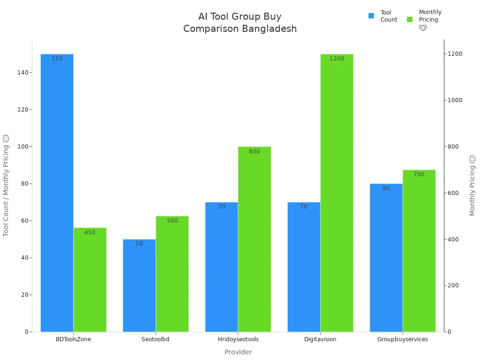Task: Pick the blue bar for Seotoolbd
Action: pos(139,285)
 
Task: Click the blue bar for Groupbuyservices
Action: pos(386,258)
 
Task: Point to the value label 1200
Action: pos(337,59)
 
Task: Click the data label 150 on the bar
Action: pos(57,59)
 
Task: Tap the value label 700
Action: pos(419,174)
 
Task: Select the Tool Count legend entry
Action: pos(389,16)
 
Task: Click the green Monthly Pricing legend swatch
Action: pos(410,20)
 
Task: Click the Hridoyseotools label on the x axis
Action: pos(238,339)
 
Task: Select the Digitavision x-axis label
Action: pos(320,339)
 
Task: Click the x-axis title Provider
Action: pos(238,352)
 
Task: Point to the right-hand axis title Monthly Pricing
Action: pos(472,185)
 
